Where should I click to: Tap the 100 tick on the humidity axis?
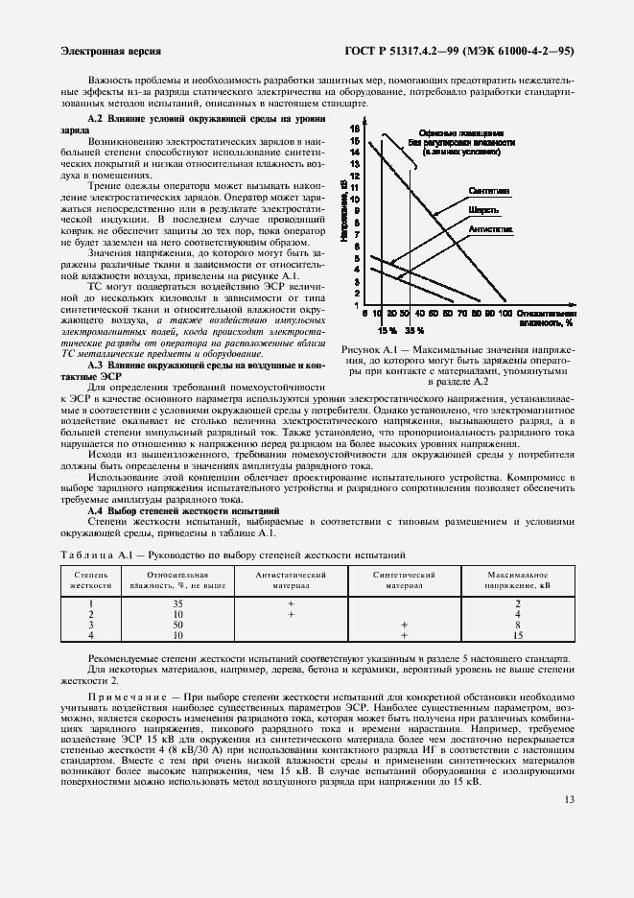pyautogui.click(x=505, y=313)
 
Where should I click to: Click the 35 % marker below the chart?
pyautogui.click(x=413, y=329)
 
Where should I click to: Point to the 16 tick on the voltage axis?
pyautogui.click(x=354, y=128)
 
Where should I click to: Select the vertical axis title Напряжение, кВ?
pyautogui.click(x=342, y=217)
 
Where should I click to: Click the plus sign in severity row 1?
pyautogui.click(x=289, y=603)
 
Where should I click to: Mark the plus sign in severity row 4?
pyautogui.click(x=404, y=635)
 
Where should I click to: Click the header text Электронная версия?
pyautogui.click(x=109, y=51)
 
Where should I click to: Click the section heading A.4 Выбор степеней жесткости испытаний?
pyautogui.click(x=182, y=511)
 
